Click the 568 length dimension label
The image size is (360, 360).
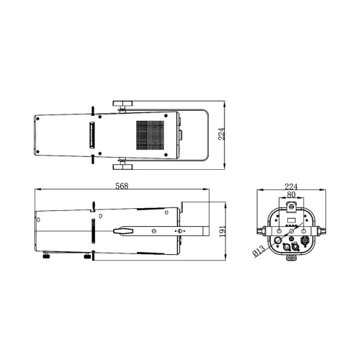[122, 186]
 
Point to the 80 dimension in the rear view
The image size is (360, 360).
[292, 194]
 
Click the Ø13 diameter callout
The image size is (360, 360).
[257, 252]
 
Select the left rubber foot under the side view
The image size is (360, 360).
[48, 252]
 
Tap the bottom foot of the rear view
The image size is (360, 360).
[292, 256]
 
